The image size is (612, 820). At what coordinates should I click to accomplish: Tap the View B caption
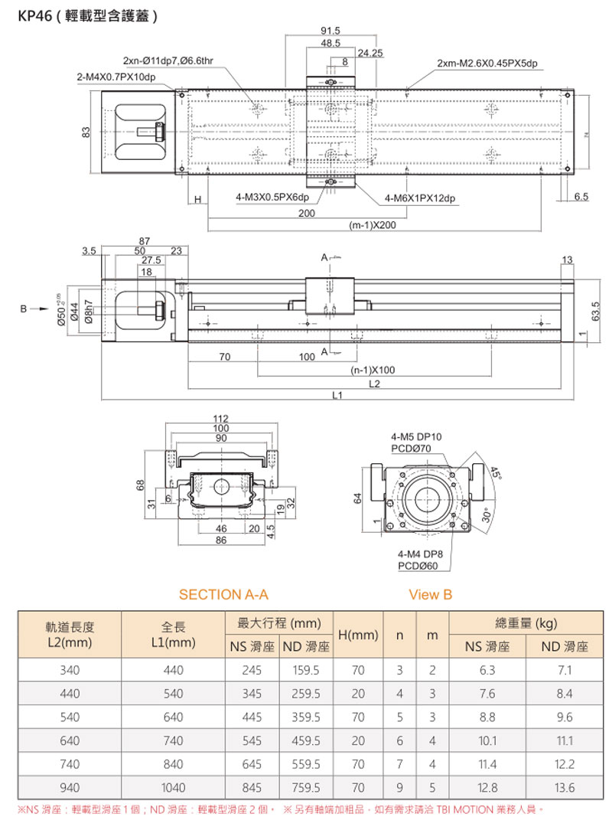tap(431, 594)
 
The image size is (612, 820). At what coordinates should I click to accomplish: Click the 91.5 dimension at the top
tap(331, 31)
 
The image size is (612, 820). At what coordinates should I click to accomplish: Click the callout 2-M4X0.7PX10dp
tap(116, 77)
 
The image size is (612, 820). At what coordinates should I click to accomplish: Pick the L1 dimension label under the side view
tap(337, 395)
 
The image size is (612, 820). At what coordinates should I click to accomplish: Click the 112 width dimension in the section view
tap(221, 418)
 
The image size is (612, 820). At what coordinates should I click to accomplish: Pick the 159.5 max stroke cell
tap(306, 670)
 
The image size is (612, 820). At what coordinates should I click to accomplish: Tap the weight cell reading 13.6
tap(565, 786)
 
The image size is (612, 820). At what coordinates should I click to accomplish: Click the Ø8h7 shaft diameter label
tap(90, 312)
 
